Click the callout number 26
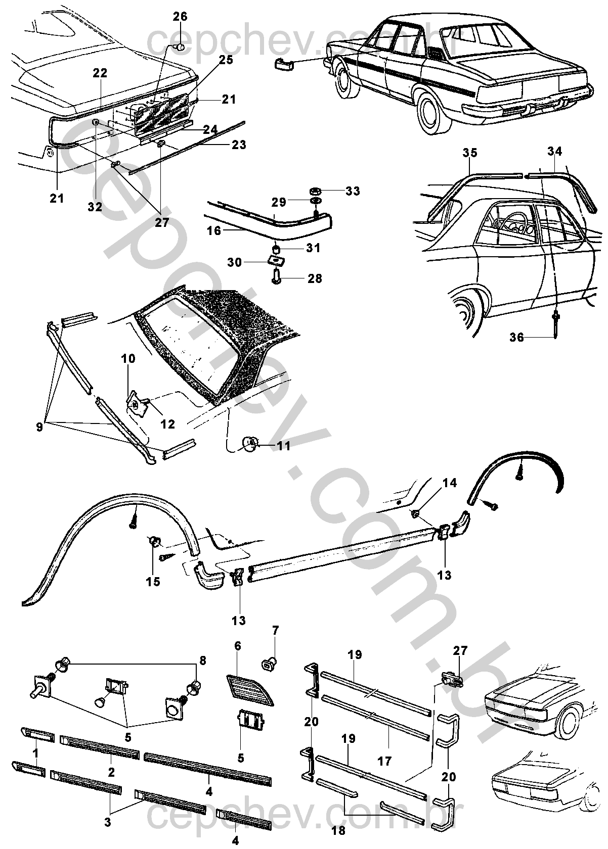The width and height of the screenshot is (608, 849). point(180,17)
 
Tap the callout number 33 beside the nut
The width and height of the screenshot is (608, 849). point(353,191)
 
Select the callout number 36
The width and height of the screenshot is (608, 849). point(516,338)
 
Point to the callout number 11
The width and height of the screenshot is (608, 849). point(284,446)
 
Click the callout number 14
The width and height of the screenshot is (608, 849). point(450,483)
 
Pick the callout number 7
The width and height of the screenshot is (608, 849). point(275,630)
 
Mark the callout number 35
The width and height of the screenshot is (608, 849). point(469,153)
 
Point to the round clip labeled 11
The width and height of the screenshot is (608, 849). point(249,443)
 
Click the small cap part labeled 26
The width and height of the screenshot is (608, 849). point(178,48)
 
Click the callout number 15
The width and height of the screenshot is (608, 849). point(153,582)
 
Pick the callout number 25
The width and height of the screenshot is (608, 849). point(226,60)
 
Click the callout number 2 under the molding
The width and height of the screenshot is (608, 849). point(111,772)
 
